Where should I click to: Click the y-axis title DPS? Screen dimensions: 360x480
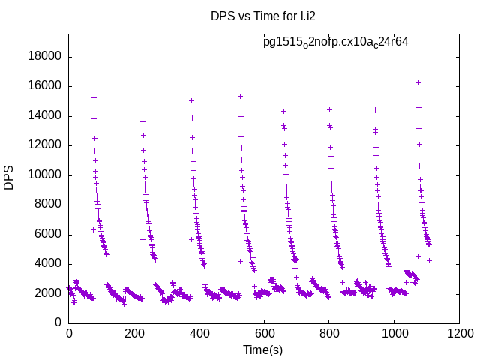point(9,178)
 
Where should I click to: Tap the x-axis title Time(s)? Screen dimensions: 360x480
point(263,349)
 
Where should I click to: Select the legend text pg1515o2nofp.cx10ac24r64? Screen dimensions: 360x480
point(335,42)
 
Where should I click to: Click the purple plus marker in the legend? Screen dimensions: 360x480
point(430,43)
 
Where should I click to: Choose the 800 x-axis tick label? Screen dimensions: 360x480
point(329,334)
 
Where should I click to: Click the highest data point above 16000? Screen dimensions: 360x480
point(418,82)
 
